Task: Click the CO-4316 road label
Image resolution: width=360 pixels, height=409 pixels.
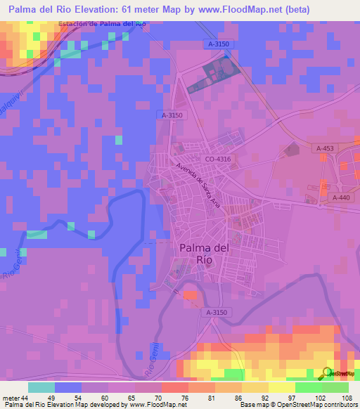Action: (218, 160)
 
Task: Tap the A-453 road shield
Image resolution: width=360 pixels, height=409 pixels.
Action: (324, 148)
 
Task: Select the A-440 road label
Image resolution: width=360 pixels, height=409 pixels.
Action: (340, 198)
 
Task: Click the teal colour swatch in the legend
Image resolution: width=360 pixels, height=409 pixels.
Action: (41, 387)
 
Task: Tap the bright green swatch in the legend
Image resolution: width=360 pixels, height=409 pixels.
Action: (309, 387)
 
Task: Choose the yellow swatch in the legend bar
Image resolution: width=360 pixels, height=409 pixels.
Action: (281, 387)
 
